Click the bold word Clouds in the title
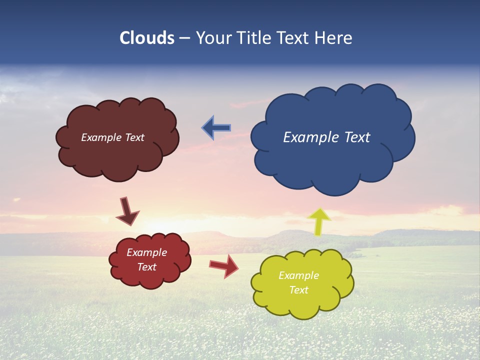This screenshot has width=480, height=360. click(x=147, y=38)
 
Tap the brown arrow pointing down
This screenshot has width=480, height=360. click(x=127, y=211)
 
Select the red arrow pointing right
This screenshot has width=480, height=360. click(x=223, y=265)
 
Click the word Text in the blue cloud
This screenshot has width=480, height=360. click(x=357, y=137)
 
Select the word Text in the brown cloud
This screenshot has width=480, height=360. click(x=134, y=137)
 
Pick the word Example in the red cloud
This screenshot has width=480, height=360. click(x=146, y=252)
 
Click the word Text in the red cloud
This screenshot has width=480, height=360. click(x=147, y=267)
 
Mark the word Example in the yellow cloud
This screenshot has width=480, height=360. click(x=298, y=275)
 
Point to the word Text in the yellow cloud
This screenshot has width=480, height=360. click(x=298, y=290)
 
